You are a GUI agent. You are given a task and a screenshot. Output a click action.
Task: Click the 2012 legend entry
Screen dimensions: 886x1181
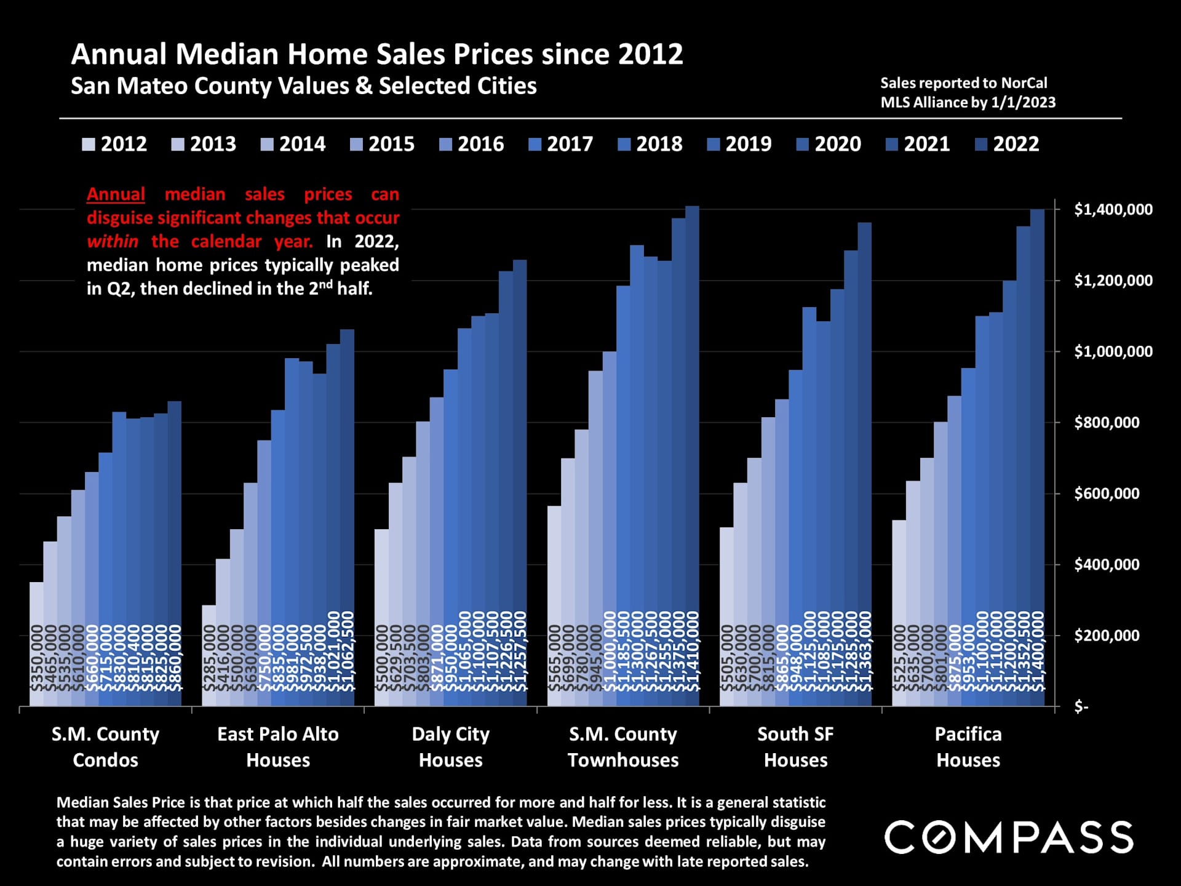[115, 144]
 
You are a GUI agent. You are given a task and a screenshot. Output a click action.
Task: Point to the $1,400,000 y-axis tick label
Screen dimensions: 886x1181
[1113, 210]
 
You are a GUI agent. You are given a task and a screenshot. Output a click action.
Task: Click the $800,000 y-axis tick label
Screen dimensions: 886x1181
[1107, 423]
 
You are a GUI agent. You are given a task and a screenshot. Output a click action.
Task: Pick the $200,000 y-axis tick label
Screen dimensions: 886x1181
[1107, 636]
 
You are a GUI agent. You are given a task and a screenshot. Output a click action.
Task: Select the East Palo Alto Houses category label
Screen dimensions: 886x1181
[278, 747]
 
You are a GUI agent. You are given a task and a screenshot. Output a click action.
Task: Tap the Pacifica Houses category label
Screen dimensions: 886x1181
[968, 747]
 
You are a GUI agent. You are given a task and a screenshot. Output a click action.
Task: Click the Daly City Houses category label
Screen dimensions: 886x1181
[451, 747]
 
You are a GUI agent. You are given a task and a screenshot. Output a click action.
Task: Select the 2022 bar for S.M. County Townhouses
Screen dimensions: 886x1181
[692, 455]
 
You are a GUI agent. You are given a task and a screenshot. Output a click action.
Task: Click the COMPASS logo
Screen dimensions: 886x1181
[1009, 837]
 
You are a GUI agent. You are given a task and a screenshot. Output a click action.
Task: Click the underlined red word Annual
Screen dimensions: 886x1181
[116, 194]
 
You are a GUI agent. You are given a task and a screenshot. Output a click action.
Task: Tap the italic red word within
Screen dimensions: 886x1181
[112, 242]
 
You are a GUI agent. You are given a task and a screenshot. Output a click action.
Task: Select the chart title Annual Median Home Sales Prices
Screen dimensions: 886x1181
[376, 54]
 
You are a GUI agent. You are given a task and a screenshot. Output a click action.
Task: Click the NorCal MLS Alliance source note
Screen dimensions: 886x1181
[968, 93]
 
